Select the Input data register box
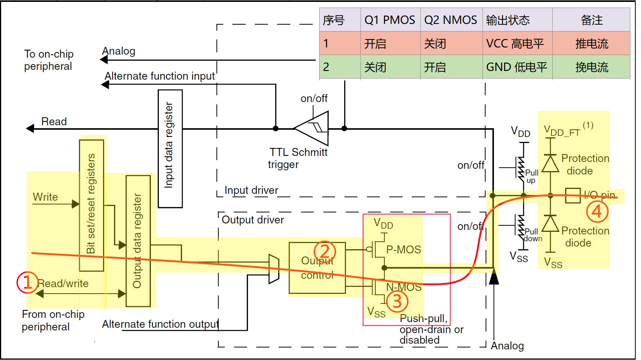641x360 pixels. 170,149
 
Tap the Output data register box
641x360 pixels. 138,241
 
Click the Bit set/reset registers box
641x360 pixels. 91,205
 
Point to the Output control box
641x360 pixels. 317,268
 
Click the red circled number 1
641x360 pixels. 27,283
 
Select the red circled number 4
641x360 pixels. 597,212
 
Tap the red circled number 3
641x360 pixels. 397,302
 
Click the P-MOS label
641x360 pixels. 403,250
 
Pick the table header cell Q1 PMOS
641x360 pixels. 390,20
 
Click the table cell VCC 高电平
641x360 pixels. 515,44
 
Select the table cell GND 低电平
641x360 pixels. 516,67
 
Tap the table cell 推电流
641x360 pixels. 591,44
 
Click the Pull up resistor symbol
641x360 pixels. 522,167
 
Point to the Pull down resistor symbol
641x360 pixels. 522,225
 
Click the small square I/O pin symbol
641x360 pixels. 572,196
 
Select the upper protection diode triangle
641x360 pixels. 550,164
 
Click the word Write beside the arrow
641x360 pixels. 45,197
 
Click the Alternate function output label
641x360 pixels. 160,324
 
